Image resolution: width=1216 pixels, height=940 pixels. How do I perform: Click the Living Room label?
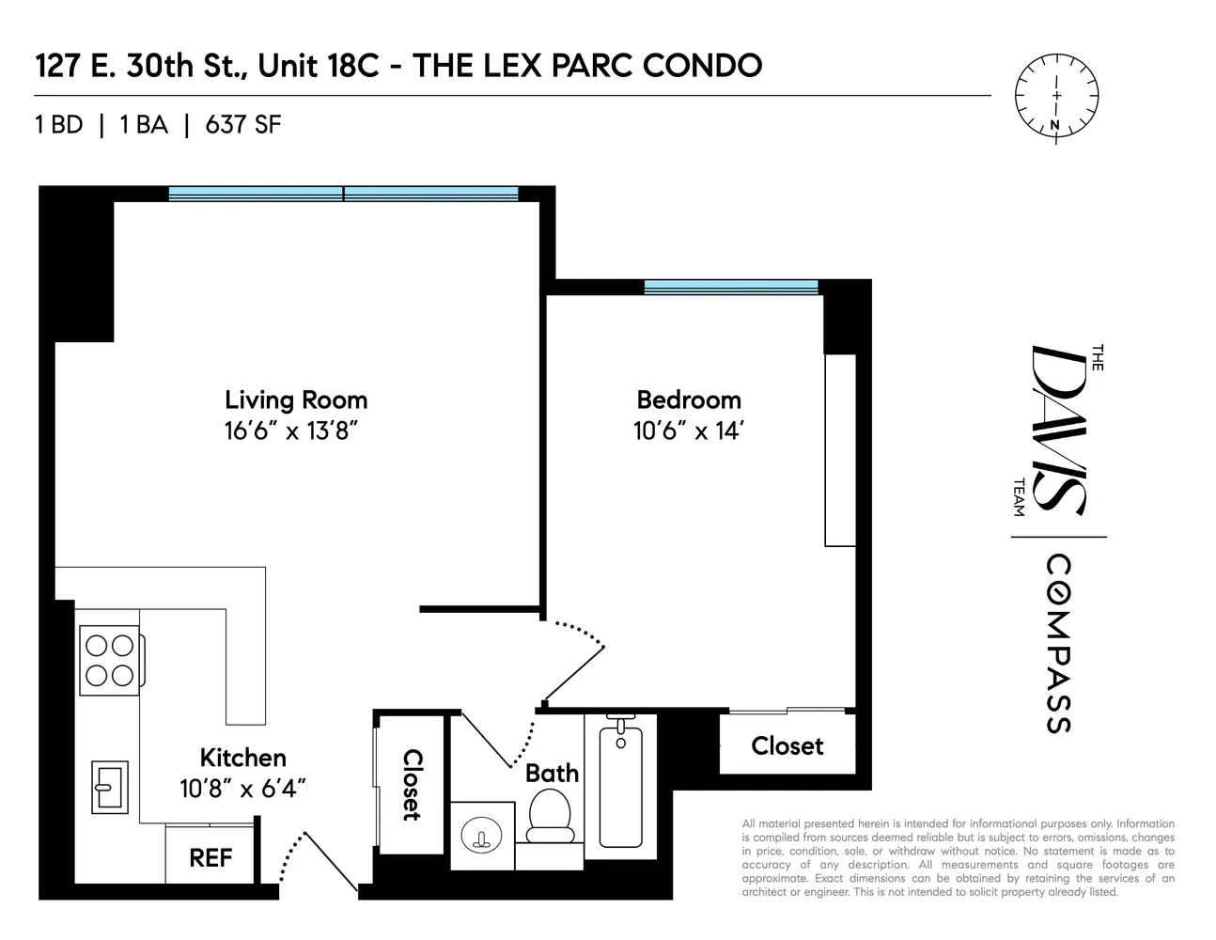click(x=296, y=399)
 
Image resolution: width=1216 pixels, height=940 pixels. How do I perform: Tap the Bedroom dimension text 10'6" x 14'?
click(x=689, y=431)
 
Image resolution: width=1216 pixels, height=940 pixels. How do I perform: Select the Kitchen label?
click(x=242, y=758)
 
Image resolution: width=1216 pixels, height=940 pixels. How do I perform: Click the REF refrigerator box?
click(x=210, y=856)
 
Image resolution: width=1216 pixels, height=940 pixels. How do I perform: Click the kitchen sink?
click(x=110, y=786)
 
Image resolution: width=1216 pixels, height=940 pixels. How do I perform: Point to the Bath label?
click(x=552, y=773)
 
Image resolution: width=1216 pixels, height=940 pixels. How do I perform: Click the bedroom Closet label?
click(x=787, y=745)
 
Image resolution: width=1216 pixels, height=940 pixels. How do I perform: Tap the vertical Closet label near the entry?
click(x=411, y=784)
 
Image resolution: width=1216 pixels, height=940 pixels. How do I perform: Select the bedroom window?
click(x=731, y=287)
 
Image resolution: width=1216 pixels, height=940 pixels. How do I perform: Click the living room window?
click(x=343, y=194)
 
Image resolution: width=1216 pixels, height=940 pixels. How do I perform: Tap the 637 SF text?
click(x=242, y=125)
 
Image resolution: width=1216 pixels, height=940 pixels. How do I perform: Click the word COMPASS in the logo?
click(x=1058, y=644)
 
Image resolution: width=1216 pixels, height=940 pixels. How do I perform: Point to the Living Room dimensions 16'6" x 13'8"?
click(x=293, y=431)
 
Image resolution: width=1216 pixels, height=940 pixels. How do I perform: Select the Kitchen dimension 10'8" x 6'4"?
click(x=242, y=789)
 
